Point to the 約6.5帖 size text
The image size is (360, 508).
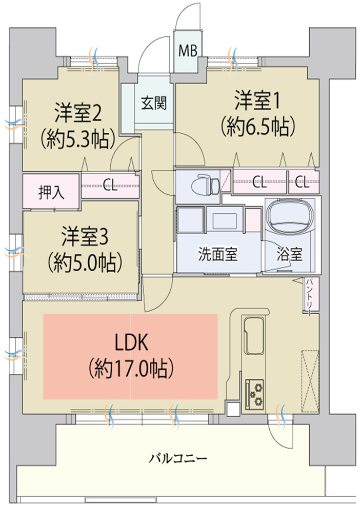tap(257, 125)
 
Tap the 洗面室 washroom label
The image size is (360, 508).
tap(218, 255)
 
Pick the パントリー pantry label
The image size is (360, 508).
tap(311, 294)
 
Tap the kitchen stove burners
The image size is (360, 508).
tap(254, 392)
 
